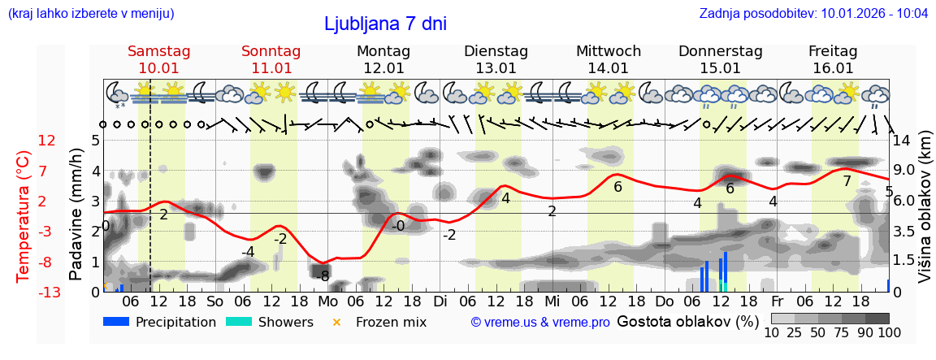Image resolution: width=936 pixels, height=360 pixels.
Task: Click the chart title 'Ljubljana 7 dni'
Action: (385, 24)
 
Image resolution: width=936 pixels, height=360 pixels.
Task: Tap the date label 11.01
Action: (271, 68)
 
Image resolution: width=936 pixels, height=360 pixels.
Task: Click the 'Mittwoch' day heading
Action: (609, 51)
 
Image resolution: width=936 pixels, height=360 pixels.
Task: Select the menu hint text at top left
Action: (91, 14)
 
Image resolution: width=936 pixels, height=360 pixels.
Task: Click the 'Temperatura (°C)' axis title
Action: (23, 215)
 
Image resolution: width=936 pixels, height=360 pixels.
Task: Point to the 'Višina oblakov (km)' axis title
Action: (925, 215)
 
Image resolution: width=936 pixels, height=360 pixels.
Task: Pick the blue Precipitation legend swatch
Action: (116, 322)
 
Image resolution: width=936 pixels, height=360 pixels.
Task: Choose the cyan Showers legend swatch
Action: (239, 322)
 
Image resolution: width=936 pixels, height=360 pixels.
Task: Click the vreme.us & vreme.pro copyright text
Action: (540, 323)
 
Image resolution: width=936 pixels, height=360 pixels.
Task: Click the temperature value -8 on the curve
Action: (324, 275)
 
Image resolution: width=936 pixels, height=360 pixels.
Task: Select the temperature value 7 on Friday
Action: (847, 181)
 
